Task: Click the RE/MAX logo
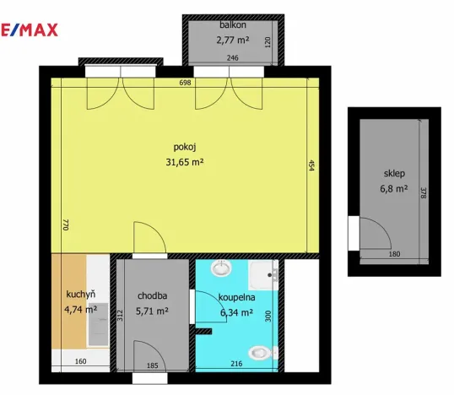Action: coord(29,30)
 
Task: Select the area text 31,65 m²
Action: coord(185,162)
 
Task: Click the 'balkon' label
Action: coord(232,24)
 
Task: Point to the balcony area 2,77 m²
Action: coord(233,39)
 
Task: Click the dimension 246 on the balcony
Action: coord(234,57)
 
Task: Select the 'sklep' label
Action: coord(393,174)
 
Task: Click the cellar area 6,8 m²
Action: coord(394,189)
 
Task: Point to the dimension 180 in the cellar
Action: coord(393,254)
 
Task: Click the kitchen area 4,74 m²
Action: coord(80,309)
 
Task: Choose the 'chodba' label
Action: coord(152,295)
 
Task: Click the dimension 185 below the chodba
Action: coord(152,365)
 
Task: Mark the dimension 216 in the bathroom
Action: coord(237,363)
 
